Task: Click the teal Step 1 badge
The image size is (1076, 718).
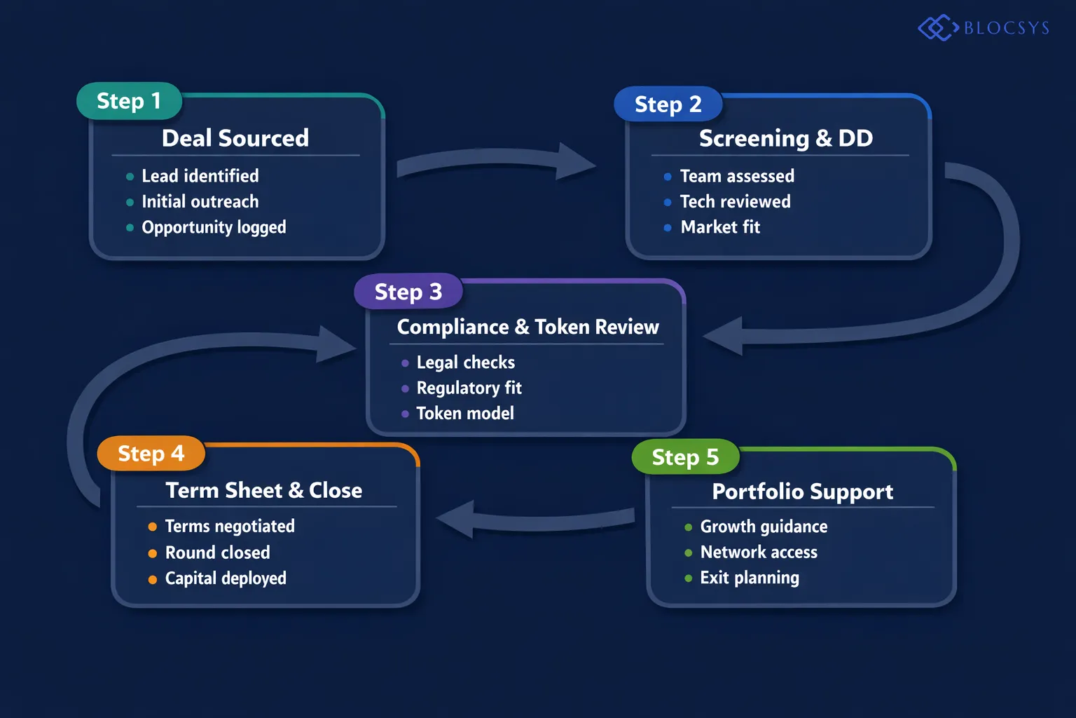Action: (x=129, y=101)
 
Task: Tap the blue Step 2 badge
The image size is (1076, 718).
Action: (x=668, y=104)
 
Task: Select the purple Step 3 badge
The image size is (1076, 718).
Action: (x=408, y=291)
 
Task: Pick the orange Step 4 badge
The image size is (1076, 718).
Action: (x=151, y=454)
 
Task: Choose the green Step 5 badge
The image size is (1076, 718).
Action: (x=685, y=457)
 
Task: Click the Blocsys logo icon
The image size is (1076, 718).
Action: (x=937, y=28)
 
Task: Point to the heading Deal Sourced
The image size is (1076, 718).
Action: (x=235, y=138)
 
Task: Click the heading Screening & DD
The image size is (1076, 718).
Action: (x=785, y=138)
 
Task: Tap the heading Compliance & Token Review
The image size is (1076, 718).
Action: (x=527, y=327)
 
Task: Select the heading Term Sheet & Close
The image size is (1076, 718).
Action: (x=263, y=490)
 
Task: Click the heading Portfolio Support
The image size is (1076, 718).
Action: (x=802, y=492)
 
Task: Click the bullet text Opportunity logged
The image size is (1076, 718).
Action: (x=214, y=227)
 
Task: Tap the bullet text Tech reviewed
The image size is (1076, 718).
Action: (x=735, y=202)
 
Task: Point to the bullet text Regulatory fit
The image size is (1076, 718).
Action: (x=469, y=388)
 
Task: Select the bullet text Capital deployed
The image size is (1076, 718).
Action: (x=226, y=578)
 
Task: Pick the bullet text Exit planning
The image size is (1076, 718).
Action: (x=750, y=578)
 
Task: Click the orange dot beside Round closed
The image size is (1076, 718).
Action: (x=152, y=553)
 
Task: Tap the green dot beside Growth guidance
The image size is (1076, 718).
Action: (x=688, y=527)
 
